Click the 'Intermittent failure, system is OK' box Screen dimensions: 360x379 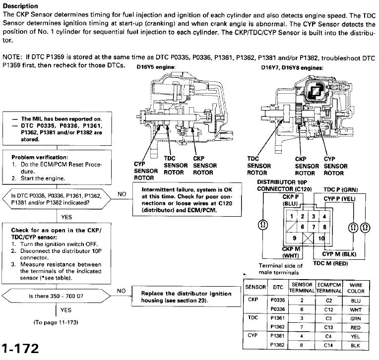pyautogui.click(x=180, y=200)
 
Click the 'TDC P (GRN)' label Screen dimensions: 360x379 pyautogui.click(x=340, y=190)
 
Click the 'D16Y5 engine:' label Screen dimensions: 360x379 pyautogui.click(x=155, y=67)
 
